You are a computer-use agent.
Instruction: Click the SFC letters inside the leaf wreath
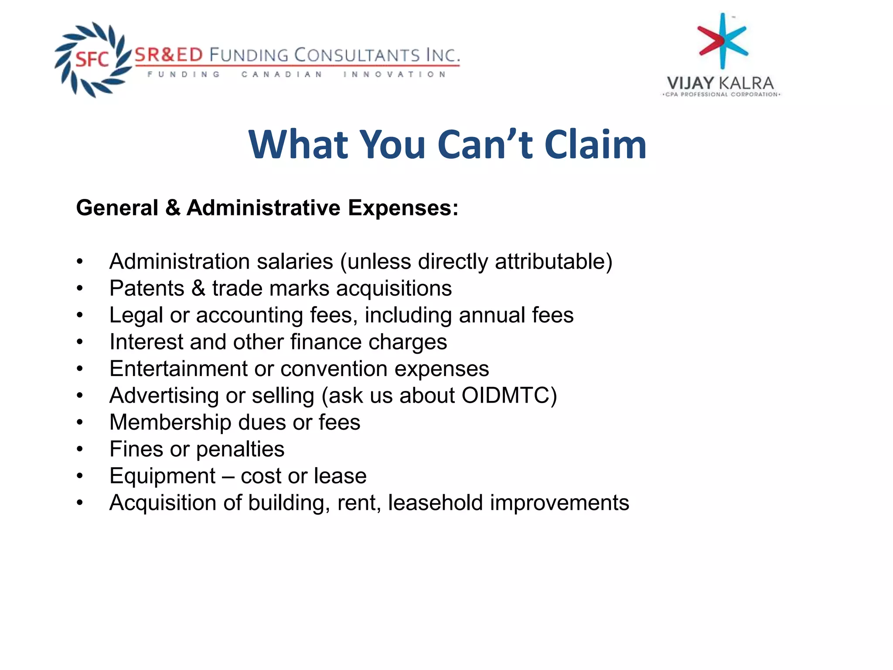[x=92, y=59]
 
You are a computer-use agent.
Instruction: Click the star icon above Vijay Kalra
[x=723, y=41]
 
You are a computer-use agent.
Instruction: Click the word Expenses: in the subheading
[x=403, y=208]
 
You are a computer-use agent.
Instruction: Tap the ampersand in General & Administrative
[x=173, y=208]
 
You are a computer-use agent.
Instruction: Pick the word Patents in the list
[x=147, y=288]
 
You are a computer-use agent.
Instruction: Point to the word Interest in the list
[x=146, y=342]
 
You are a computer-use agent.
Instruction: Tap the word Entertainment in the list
[x=178, y=369]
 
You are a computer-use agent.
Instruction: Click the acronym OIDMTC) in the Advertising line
[x=509, y=396]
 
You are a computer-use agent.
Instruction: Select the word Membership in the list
[x=170, y=422]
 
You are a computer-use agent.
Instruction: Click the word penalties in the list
[x=240, y=449]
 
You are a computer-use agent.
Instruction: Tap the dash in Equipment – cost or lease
[x=228, y=476]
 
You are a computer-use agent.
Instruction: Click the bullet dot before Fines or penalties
[x=79, y=449]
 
